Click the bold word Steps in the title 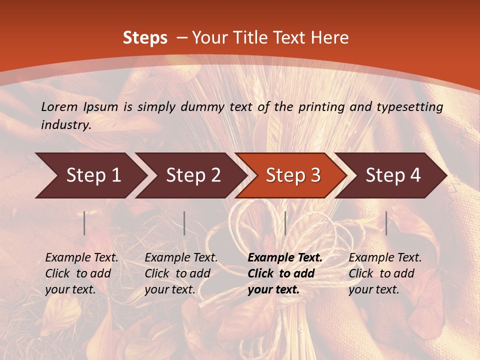coord(145,38)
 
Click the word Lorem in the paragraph coord(59,106)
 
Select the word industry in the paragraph coord(65,124)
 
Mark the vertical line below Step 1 coord(84,223)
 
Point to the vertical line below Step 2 coord(184,223)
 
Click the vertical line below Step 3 coord(285,223)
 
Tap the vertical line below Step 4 coord(386,223)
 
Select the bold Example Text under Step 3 coord(285,258)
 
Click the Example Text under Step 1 coord(81,258)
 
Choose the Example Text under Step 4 coord(385,258)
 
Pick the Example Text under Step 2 coord(181,258)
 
